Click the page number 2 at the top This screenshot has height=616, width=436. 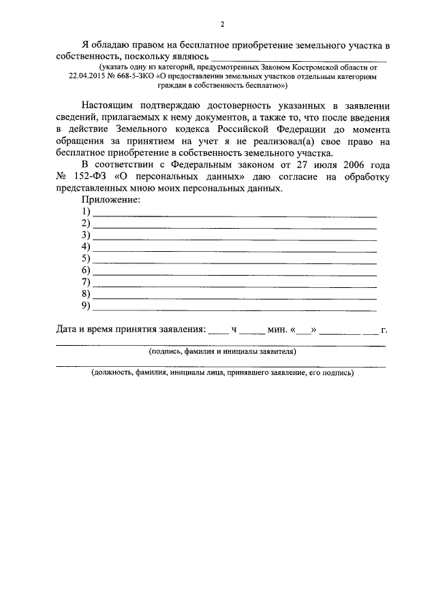click(x=222, y=25)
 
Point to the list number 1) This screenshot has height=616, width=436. click(x=86, y=212)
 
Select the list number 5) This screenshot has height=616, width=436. click(x=86, y=258)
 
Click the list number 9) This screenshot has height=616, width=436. click(x=86, y=305)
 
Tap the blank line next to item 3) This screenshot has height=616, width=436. click(x=234, y=238)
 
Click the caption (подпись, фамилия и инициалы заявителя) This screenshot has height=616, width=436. click(x=222, y=353)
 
